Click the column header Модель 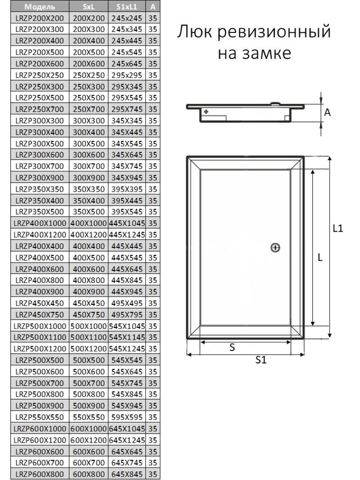tap(40, 6)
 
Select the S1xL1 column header tap(127, 6)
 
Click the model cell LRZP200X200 tap(40, 18)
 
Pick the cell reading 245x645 tap(127, 64)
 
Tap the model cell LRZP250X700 tap(40, 109)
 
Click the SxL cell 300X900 tap(89, 178)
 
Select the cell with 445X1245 tap(127, 235)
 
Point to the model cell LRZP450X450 tap(40, 303)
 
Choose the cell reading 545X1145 tap(127, 337)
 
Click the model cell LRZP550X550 tap(40, 417)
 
